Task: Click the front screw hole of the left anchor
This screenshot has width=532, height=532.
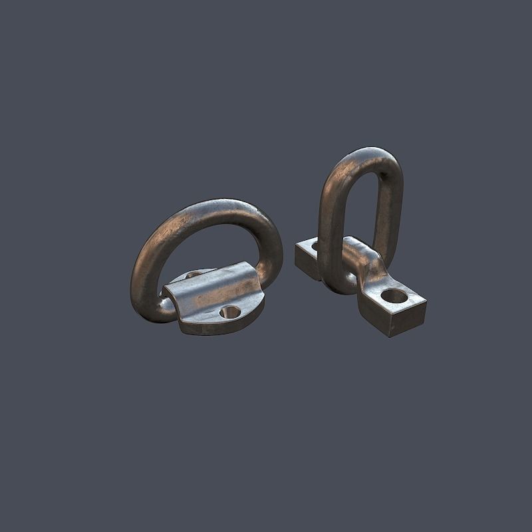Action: click(x=229, y=311)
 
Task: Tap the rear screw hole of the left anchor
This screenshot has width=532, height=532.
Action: click(x=194, y=274)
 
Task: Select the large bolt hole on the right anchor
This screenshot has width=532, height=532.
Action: click(x=394, y=296)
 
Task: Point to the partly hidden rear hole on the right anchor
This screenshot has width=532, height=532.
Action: click(x=315, y=247)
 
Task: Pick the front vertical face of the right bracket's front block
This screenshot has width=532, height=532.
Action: click(x=406, y=321)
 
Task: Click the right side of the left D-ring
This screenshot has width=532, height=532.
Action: click(x=271, y=249)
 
